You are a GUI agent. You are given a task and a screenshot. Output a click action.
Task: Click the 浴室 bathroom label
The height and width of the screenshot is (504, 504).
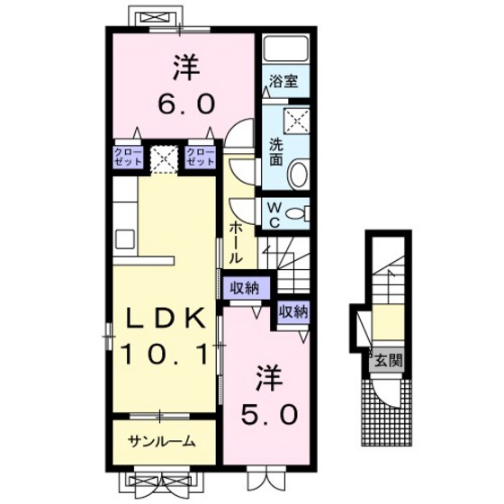tap(283, 81)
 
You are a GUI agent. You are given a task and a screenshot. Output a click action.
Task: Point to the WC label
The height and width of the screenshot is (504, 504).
tap(274, 215)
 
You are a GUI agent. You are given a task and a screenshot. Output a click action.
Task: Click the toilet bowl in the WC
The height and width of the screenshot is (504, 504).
tap(296, 214)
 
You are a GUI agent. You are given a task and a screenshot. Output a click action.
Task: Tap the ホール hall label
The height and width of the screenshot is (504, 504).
tap(235, 244)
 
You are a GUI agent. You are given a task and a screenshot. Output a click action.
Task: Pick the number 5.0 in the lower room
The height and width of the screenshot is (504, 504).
tap(269, 414)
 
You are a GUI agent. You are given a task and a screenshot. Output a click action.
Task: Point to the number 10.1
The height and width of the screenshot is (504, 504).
tap(164, 355)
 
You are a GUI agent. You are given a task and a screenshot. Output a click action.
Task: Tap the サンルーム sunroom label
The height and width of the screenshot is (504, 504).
tap(162, 442)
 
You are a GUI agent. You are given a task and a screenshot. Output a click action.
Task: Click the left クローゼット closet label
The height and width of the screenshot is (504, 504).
tap(128, 157)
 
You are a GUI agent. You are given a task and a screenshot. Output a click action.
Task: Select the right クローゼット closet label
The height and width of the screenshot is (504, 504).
tap(201, 157)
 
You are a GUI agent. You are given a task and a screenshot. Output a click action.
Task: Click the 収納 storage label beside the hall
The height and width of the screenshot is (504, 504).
tap(244, 288)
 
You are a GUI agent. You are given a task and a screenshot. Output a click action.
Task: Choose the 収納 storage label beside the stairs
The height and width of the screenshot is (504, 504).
tap(293, 311)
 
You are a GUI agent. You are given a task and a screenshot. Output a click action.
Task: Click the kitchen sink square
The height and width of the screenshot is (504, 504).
tap(125, 239)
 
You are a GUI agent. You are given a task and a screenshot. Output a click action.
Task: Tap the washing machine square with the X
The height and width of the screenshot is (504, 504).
tap(296, 121)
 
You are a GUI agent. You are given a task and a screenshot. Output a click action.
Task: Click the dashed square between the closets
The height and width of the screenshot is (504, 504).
tap(164, 160)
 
